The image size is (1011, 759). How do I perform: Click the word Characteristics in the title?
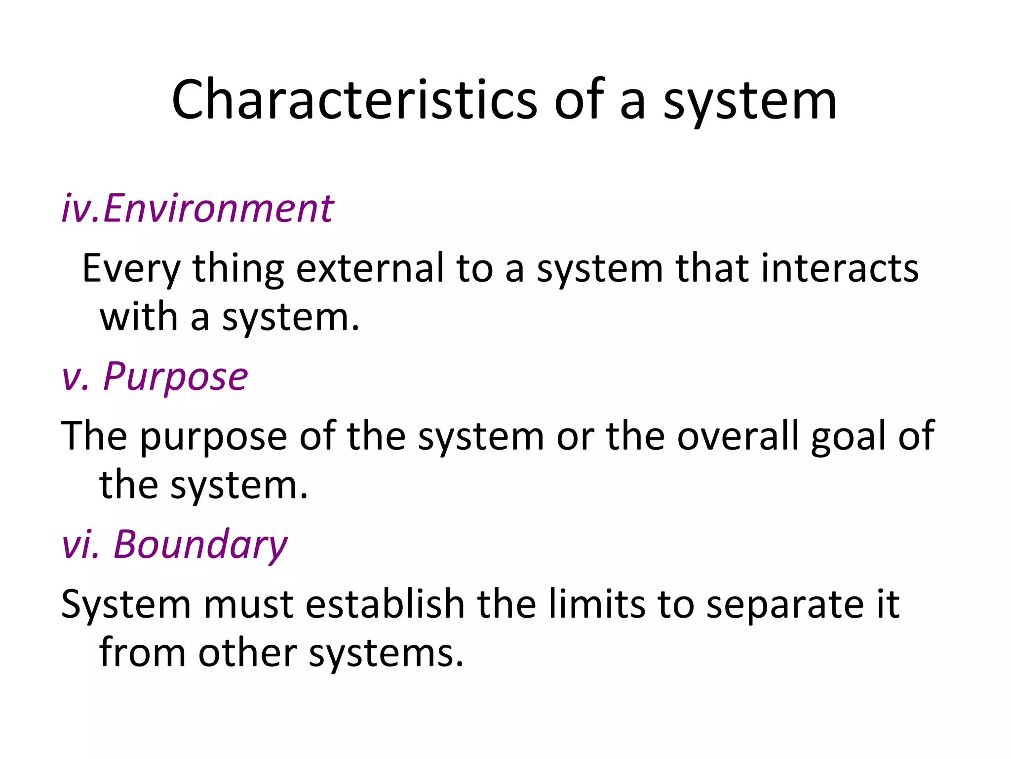(x=354, y=100)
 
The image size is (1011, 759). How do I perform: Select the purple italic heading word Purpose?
(x=175, y=377)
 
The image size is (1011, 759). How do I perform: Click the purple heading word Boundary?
(x=200, y=545)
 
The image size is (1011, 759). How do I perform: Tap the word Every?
(x=131, y=269)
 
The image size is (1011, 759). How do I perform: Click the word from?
(x=142, y=652)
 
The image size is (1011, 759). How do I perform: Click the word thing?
(x=238, y=269)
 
